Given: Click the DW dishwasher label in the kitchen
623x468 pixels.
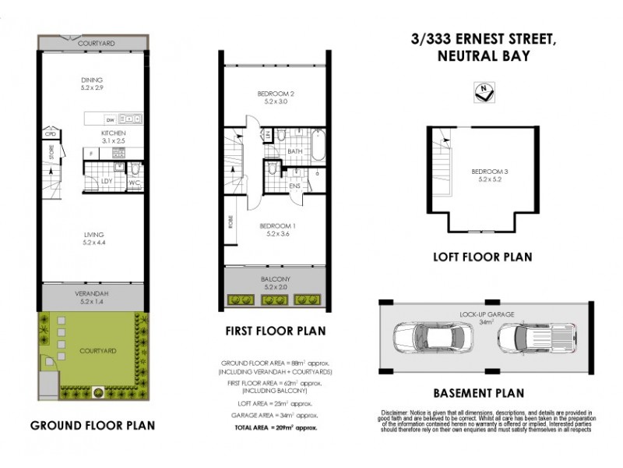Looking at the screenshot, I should (111, 119).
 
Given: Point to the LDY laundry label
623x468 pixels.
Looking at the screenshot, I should (107, 182).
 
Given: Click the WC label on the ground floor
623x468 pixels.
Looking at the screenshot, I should (133, 183).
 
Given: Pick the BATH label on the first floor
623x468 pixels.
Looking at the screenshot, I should (294, 151).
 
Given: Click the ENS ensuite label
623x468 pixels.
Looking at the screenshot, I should (295, 186).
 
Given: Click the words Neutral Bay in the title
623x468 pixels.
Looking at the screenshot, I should (483, 56).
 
